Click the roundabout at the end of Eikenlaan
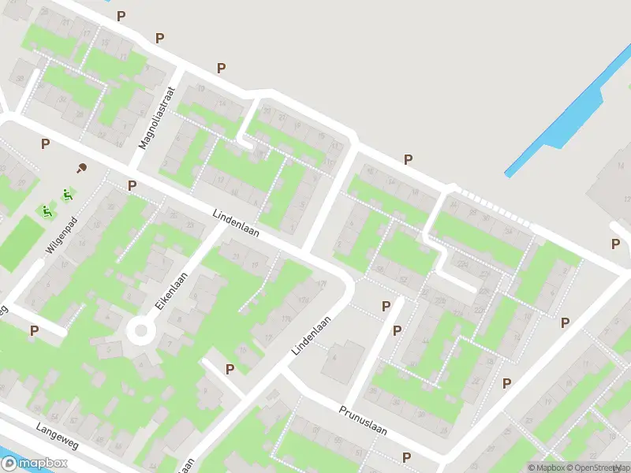coord(141,330)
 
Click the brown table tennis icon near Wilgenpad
coord(81,167)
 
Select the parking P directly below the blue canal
coord(408,159)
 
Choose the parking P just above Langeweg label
coord(34,331)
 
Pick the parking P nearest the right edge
coord(614,244)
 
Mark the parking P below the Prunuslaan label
coord(406,457)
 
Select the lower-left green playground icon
coord(47,211)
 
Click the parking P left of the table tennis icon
coord(46,143)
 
